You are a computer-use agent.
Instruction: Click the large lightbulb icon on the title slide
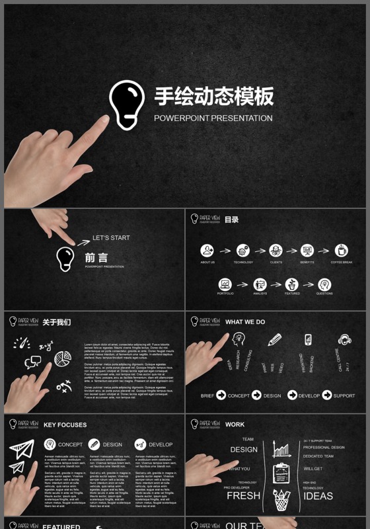[126, 104]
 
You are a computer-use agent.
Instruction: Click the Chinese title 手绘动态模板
[213, 97]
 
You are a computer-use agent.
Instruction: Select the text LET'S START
[111, 237]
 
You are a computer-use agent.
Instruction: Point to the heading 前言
[96, 258]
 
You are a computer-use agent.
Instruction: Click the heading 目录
[231, 220]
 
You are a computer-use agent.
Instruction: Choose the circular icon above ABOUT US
[207, 251]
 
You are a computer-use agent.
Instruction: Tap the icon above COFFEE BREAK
[341, 251]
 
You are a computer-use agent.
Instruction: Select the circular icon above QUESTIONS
[324, 284]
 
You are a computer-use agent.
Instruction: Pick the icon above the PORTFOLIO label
[225, 284]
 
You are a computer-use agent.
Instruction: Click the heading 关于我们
[57, 322]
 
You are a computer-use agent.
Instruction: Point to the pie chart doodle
[63, 359]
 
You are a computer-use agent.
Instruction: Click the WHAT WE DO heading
[245, 322]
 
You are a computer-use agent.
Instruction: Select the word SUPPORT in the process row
[344, 395]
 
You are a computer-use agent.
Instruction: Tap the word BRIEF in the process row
[207, 395]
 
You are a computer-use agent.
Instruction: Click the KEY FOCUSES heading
[65, 425]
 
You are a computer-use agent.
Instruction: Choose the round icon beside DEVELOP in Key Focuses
[140, 444]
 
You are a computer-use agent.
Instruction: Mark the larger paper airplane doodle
[22, 450]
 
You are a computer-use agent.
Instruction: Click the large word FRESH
[243, 495]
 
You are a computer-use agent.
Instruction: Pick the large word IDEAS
[318, 495]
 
